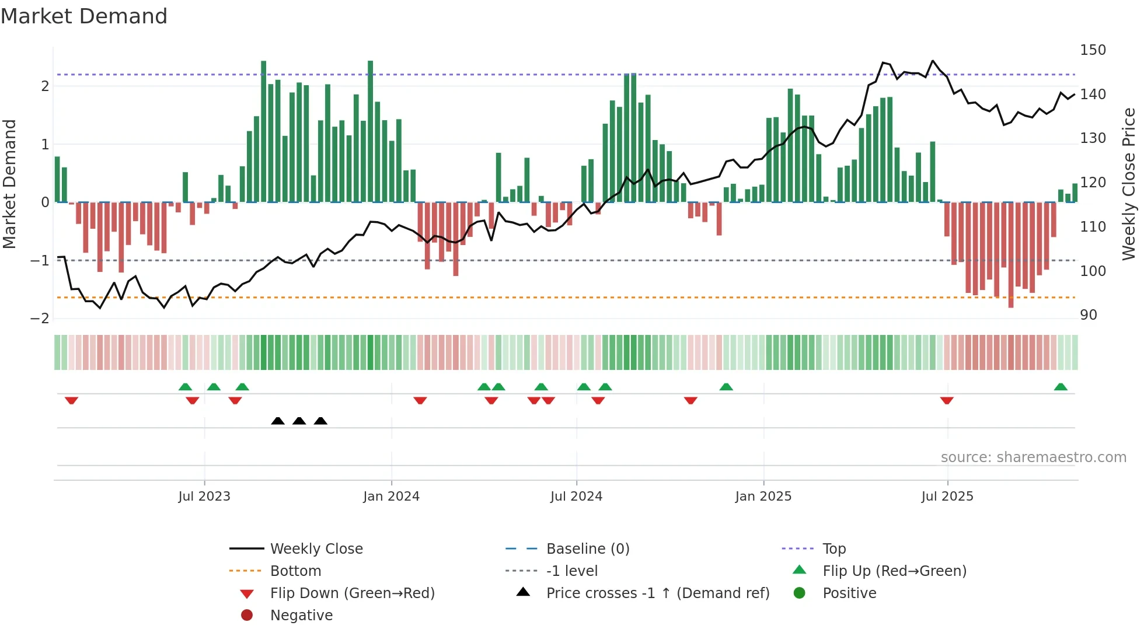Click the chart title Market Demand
84,16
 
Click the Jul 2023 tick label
204,497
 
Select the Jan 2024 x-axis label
391,497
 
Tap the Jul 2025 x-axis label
947,497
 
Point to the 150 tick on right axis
1093,50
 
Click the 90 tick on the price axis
1089,315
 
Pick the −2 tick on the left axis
40,319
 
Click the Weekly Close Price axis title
1129,184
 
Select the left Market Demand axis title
10,184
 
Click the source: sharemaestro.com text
1033,457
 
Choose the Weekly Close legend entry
316,549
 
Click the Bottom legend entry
295,571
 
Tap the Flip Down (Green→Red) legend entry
352,593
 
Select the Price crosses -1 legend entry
657,593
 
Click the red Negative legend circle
247,616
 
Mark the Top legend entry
833,549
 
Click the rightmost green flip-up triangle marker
1061,387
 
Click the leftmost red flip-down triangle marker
71,400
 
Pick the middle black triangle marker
299,421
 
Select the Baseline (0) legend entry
587,549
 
